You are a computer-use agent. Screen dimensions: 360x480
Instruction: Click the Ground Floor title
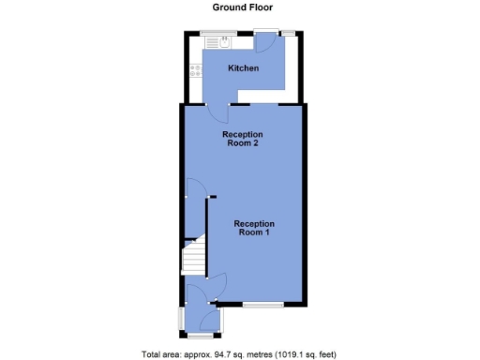tap(240, 7)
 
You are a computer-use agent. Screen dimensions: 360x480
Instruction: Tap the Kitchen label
tap(244, 68)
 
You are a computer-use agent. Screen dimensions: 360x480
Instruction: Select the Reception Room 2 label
tap(241, 139)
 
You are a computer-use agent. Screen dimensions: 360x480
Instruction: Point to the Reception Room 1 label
tap(254, 228)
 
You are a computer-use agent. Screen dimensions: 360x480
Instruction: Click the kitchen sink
tap(224, 41)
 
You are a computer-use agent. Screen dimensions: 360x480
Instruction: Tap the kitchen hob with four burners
tap(195, 69)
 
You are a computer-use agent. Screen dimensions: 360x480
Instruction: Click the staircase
tap(193, 255)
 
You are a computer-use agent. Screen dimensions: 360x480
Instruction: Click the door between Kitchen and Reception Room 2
tap(218, 111)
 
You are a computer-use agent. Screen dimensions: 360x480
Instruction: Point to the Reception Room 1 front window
tap(263, 306)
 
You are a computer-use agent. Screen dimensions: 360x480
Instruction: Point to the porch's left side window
tap(183, 318)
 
